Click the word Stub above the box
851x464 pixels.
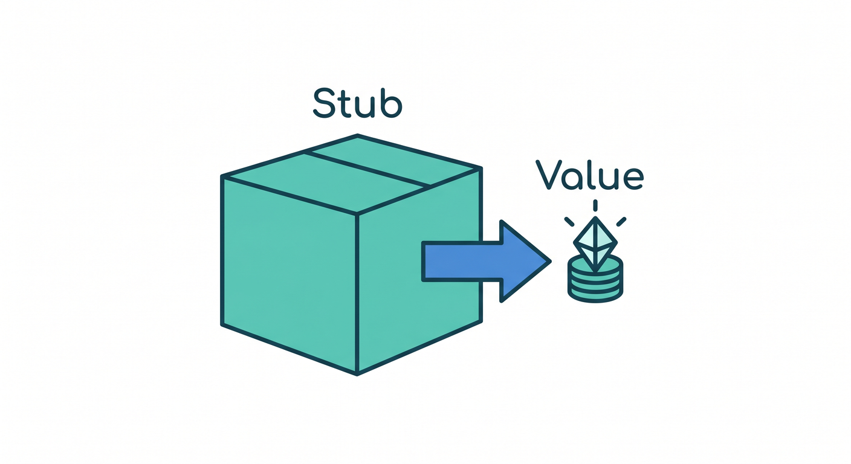point(357,103)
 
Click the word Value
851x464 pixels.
point(590,175)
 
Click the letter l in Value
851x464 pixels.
point(590,175)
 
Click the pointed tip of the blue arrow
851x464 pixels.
point(551,261)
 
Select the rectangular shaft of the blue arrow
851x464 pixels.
point(462,261)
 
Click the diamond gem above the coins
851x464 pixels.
point(595,244)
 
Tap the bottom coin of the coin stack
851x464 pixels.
point(595,295)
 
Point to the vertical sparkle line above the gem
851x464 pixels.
point(595,205)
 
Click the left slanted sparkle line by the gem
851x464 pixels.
point(569,222)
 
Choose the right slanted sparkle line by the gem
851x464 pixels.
point(621,222)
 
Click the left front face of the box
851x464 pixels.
point(290,275)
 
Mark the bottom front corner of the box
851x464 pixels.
point(357,375)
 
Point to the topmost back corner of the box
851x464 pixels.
point(357,135)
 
